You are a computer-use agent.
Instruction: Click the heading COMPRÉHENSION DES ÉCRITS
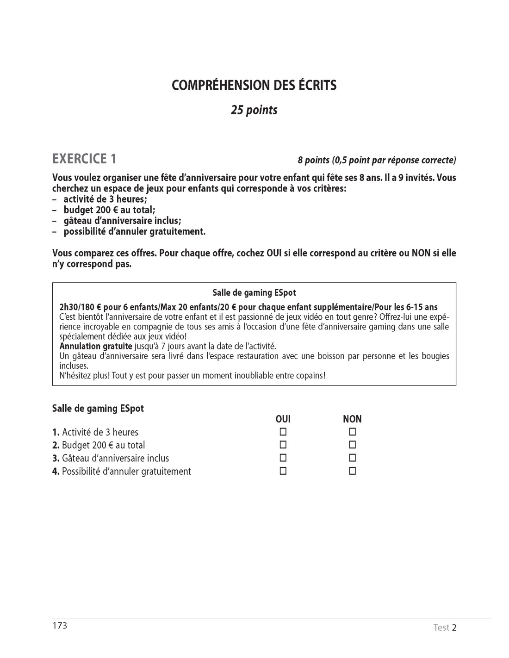tap(254, 86)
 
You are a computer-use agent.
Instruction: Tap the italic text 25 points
tap(254, 111)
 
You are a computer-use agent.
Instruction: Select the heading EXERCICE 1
tap(84, 159)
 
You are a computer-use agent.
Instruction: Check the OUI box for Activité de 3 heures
tap(283, 432)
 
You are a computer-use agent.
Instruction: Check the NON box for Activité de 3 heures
tap(352, 432)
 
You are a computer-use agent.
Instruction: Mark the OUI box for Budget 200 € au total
tap(283, 445)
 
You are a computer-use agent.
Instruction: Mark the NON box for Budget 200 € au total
tap(352, 445)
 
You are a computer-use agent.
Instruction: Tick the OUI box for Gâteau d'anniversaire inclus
tap(283, 458)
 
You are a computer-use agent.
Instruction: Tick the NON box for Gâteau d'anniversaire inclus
tap(352, 458)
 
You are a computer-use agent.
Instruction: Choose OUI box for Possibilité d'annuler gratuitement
tap(283, 471)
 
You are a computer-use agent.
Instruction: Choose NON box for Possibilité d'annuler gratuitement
tap(352, 471)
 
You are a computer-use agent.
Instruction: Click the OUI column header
tap(283, 419)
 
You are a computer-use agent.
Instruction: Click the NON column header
tap(352, 419)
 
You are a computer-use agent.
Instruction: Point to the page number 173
tap(60, 626)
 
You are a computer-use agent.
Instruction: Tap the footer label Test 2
tap(445, 628)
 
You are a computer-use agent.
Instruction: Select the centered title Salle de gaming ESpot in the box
tap(254, 292)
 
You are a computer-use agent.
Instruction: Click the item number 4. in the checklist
tap(56, 472)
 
